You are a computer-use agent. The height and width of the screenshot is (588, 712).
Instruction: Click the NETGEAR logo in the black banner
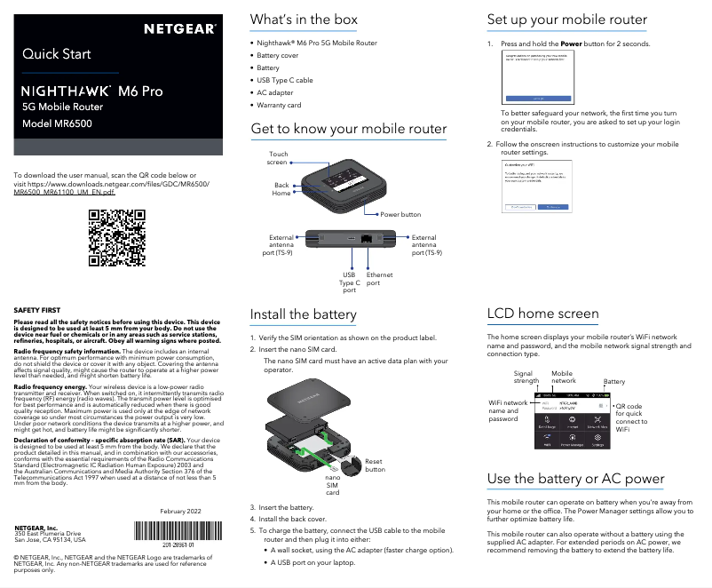180,28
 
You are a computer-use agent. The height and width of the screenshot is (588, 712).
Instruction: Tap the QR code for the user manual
117,237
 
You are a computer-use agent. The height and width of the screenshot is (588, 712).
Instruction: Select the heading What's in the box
304,19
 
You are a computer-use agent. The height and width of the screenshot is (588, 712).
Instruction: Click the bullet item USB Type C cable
284,80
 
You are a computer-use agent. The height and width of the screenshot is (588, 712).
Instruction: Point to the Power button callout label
400,215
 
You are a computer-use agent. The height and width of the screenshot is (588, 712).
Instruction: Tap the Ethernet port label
379,280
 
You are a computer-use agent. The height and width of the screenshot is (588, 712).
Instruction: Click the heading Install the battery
303,314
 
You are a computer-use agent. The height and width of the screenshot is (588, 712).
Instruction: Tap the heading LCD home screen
542,313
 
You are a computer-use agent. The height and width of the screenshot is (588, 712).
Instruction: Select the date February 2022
180,511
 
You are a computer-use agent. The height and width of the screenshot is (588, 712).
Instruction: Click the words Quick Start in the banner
57,54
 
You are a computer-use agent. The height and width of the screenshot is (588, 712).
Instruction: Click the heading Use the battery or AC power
575,479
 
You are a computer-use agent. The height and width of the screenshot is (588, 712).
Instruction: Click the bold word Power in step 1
572,44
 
